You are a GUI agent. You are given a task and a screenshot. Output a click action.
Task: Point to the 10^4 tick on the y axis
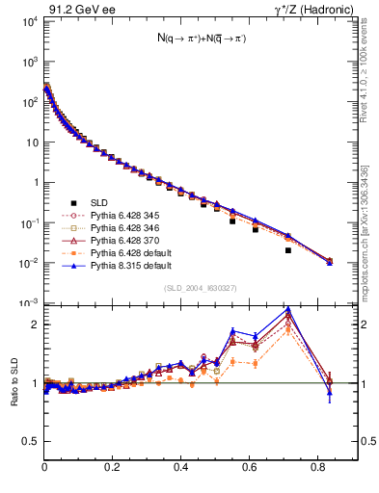point(31,21)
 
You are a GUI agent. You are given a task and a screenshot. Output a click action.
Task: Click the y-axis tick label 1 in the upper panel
point(37,182)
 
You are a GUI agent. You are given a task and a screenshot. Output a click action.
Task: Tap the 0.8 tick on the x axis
point(318,465)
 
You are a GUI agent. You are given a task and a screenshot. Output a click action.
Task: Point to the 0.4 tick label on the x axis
point(181,465)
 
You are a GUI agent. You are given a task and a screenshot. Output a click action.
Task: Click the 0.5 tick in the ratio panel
point(33,441)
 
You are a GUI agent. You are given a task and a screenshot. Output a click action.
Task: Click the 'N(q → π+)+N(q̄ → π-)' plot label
point(201,39)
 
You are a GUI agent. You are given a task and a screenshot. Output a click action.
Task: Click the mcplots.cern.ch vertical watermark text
point(369,231)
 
